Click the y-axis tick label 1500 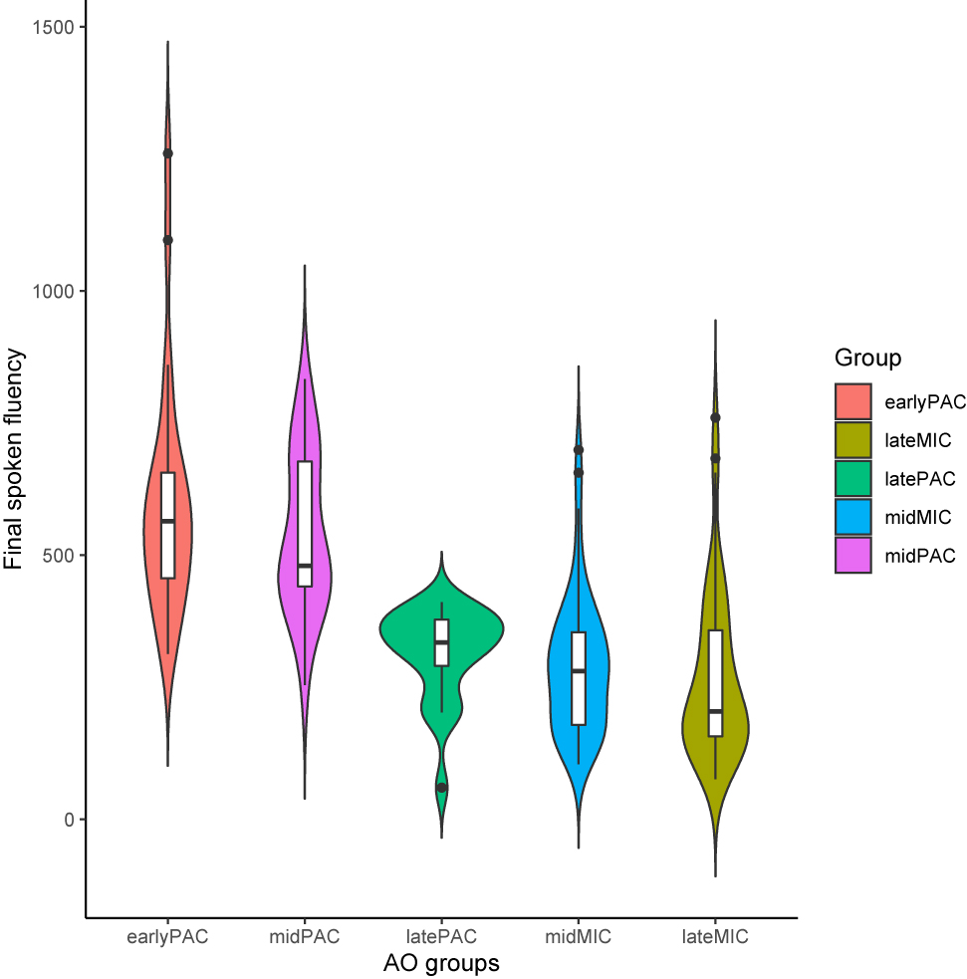click(x=55, y=28)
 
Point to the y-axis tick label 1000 click(x=55, y=292)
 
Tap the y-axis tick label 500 click(x=60, y=556)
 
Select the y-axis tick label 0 click(x=70, y=820)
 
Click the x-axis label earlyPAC click(x=167, y=937)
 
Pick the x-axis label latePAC click(x=441, y=937)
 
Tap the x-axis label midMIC click(x=578, y=937)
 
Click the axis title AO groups click(x=441, y=964)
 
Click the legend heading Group click(x=868, y=358)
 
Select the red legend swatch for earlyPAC click(x=853, y=401)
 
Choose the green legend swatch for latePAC click(x=853, y=478)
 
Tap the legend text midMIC click(x=918, y=517)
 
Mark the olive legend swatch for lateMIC click(x=853, y=440)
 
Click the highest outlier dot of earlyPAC click(x=168, y=153)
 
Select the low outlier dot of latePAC click(x=441, y=788)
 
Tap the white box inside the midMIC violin click(x=579, y=677)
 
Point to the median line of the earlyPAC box click(x=168, y=521)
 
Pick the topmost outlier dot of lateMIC click(x=715, y=417)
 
